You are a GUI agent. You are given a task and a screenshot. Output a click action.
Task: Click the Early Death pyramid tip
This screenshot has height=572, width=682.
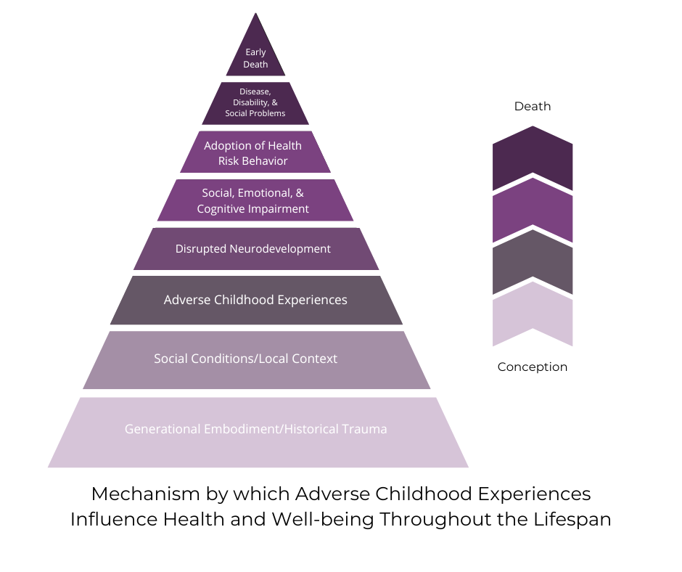255,57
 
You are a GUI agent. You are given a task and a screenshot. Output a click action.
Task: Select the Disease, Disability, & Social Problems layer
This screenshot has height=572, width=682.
255,103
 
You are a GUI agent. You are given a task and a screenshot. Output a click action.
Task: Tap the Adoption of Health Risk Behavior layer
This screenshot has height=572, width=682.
253,152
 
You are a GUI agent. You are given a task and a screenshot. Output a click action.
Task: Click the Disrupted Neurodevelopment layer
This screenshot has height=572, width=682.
253,249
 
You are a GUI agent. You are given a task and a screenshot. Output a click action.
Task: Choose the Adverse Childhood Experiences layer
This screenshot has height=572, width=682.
255,300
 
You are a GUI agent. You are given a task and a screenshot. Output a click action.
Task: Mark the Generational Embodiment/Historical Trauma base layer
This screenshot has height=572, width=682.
256,430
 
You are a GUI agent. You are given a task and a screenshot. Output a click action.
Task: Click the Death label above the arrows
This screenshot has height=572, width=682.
533,107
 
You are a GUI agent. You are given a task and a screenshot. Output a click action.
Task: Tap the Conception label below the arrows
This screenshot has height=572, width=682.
533,367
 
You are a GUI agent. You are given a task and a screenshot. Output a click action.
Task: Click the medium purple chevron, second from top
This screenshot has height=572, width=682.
533,212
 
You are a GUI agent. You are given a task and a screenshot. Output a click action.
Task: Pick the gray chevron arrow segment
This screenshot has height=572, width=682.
533,263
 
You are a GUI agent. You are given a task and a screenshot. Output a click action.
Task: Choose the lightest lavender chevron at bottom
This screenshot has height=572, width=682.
533,317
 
